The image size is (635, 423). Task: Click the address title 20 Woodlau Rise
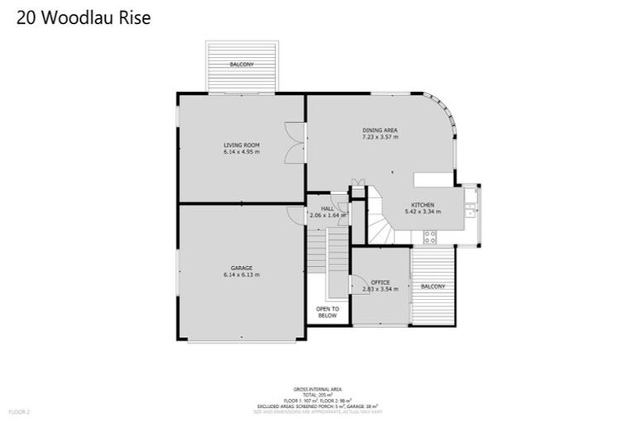click(x=83, y=18)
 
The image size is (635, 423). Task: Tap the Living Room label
click(x=241, y=144)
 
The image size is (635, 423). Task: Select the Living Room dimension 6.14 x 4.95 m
click(x=241, y=152)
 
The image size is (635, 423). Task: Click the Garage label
click(x=241, y=267)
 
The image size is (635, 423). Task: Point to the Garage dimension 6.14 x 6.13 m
click(x=241, y=275)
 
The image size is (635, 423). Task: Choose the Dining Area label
click(x=380, y=130)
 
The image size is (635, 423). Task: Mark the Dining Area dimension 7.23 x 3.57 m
click(x=380, y=138)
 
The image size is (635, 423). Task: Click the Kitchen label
click(x=423, y=204)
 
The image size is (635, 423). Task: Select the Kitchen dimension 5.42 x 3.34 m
click(x=423, y=212)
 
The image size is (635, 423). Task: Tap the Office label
click(x=380, y=282)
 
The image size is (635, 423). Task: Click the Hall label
click(x=327, y=208)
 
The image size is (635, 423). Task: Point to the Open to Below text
click(x=328, y=311)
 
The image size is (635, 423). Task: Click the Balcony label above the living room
click(x=241, y=64)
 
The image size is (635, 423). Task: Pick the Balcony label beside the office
click(x=432, y=287)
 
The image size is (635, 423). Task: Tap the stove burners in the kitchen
click(x=430, y=235)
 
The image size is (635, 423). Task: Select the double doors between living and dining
click(x=288, y=142)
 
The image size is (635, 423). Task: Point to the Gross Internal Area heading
click(x=317, y=388)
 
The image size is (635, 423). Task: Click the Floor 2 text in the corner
click(x=19, y=411)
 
